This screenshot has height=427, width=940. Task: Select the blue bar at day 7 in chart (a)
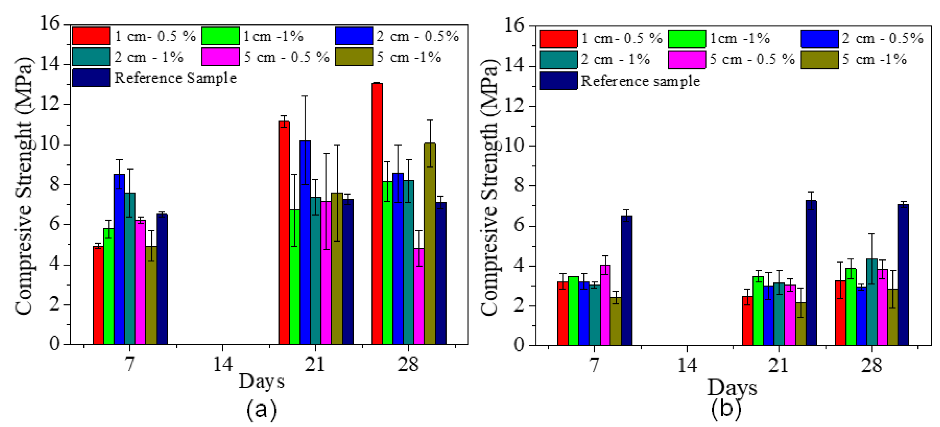coord(119,259)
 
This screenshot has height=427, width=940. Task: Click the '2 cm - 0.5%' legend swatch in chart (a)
coord(354,36)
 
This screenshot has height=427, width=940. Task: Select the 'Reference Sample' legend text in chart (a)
coord(175,78)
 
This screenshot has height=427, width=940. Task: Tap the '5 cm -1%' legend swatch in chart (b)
coord(819,60)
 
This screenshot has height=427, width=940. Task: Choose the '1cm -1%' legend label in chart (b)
coord(739,38)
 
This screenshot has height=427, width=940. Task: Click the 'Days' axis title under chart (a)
coord(261,381)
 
